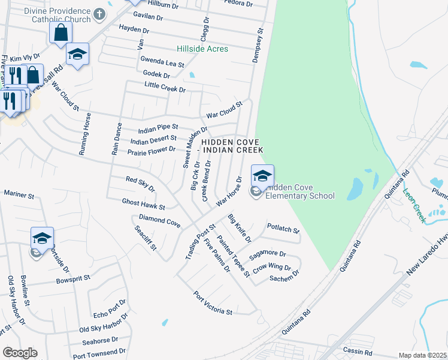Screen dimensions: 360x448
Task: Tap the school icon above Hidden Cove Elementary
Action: coord(262,175)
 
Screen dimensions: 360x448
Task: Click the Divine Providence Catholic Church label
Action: coord(54,14)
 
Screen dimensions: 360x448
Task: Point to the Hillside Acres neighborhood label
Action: coord(202,49)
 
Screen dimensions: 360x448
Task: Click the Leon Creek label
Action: coord(414,206)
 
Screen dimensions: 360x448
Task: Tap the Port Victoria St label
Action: coord(213,304)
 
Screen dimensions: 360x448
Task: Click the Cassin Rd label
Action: coord(358,349)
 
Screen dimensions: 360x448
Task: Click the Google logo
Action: coord(20,353)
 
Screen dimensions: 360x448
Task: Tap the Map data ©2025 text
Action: coord(422,355)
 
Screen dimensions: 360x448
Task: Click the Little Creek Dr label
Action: coord(165,88)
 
